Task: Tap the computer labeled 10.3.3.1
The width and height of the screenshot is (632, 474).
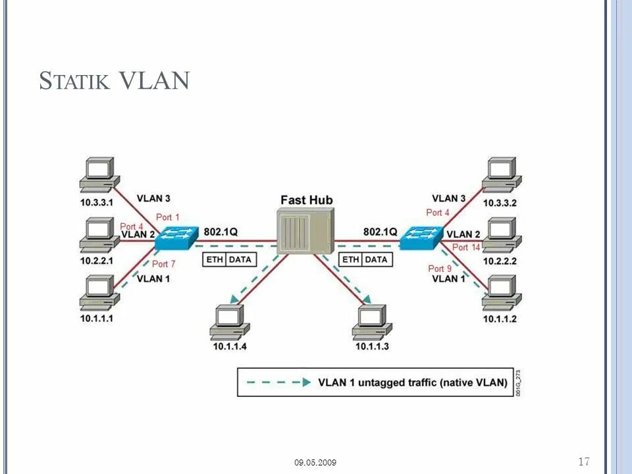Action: tap(99, 174)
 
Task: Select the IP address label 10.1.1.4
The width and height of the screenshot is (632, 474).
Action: tap(230, 346)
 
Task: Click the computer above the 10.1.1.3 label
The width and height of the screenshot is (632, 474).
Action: tap(371, 322)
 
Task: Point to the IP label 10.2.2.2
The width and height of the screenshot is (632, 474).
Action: tap(500, 261)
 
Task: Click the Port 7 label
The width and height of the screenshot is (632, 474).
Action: tap(164, 264)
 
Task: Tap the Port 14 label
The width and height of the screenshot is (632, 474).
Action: tap(466, 247)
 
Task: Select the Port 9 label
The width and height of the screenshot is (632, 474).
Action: tap(440, 269)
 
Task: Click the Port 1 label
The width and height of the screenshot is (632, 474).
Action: tap(168, 217)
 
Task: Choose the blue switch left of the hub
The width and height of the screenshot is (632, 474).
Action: tap(177, 238)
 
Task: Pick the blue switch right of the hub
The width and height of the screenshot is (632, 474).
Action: tap(421, 238)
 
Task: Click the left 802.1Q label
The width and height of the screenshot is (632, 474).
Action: tap(221, 232)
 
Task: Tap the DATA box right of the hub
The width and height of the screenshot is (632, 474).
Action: tap(377, 259)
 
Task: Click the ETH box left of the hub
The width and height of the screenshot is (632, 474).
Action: tap(215, 259)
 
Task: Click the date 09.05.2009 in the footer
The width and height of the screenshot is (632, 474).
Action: tap(315, 462)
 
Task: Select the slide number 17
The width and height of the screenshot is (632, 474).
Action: tap(584, 461)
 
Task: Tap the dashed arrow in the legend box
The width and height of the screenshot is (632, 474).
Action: tap(278, 382)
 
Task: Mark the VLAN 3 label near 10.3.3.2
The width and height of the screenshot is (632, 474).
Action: tap(448, 198)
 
